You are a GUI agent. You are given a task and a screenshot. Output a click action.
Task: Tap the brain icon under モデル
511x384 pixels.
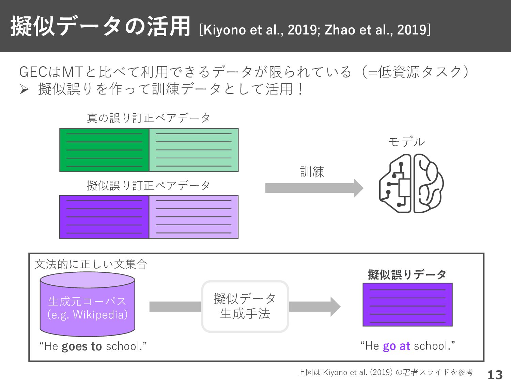[x=412, y=184]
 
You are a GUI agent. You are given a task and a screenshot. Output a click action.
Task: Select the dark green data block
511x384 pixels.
[x=104, y=150]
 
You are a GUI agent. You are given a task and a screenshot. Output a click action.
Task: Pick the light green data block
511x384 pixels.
[x=194, y=150]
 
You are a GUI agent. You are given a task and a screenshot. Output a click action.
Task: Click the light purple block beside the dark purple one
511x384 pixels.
[x=194, y=217]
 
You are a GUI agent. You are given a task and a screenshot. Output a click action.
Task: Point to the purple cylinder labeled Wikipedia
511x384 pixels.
[x=88, y=304]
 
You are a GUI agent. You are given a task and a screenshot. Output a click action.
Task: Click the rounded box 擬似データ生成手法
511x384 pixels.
[x=245, y=307]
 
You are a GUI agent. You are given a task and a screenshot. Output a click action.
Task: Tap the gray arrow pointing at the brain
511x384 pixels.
[x=314, y=188]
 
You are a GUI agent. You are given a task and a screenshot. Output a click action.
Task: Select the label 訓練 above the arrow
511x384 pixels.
[x=312, y=172]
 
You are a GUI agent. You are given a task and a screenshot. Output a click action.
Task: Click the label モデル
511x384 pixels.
[x=406, y=142]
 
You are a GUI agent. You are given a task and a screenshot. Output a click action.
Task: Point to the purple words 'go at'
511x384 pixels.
[x=397, y=346]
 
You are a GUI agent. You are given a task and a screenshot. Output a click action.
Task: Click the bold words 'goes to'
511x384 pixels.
[x=82, y=346]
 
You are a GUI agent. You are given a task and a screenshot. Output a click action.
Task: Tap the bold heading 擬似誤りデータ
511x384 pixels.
[x=407, y=274]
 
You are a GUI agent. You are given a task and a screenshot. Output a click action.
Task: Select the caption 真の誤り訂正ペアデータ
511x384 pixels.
[x=149, y=118]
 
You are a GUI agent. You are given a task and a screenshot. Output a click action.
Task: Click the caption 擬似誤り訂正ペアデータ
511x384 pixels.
[x=149, y=186]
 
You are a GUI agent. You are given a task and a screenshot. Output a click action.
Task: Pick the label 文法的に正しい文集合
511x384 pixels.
[x=91, y=265]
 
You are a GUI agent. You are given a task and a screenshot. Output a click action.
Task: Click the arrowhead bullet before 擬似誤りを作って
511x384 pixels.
[x=24, y=89]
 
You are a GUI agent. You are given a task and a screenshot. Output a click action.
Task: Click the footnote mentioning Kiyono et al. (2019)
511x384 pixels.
[x=385, y=372]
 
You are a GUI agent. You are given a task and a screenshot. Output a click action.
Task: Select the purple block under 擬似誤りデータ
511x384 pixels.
[x=407, y=305]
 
